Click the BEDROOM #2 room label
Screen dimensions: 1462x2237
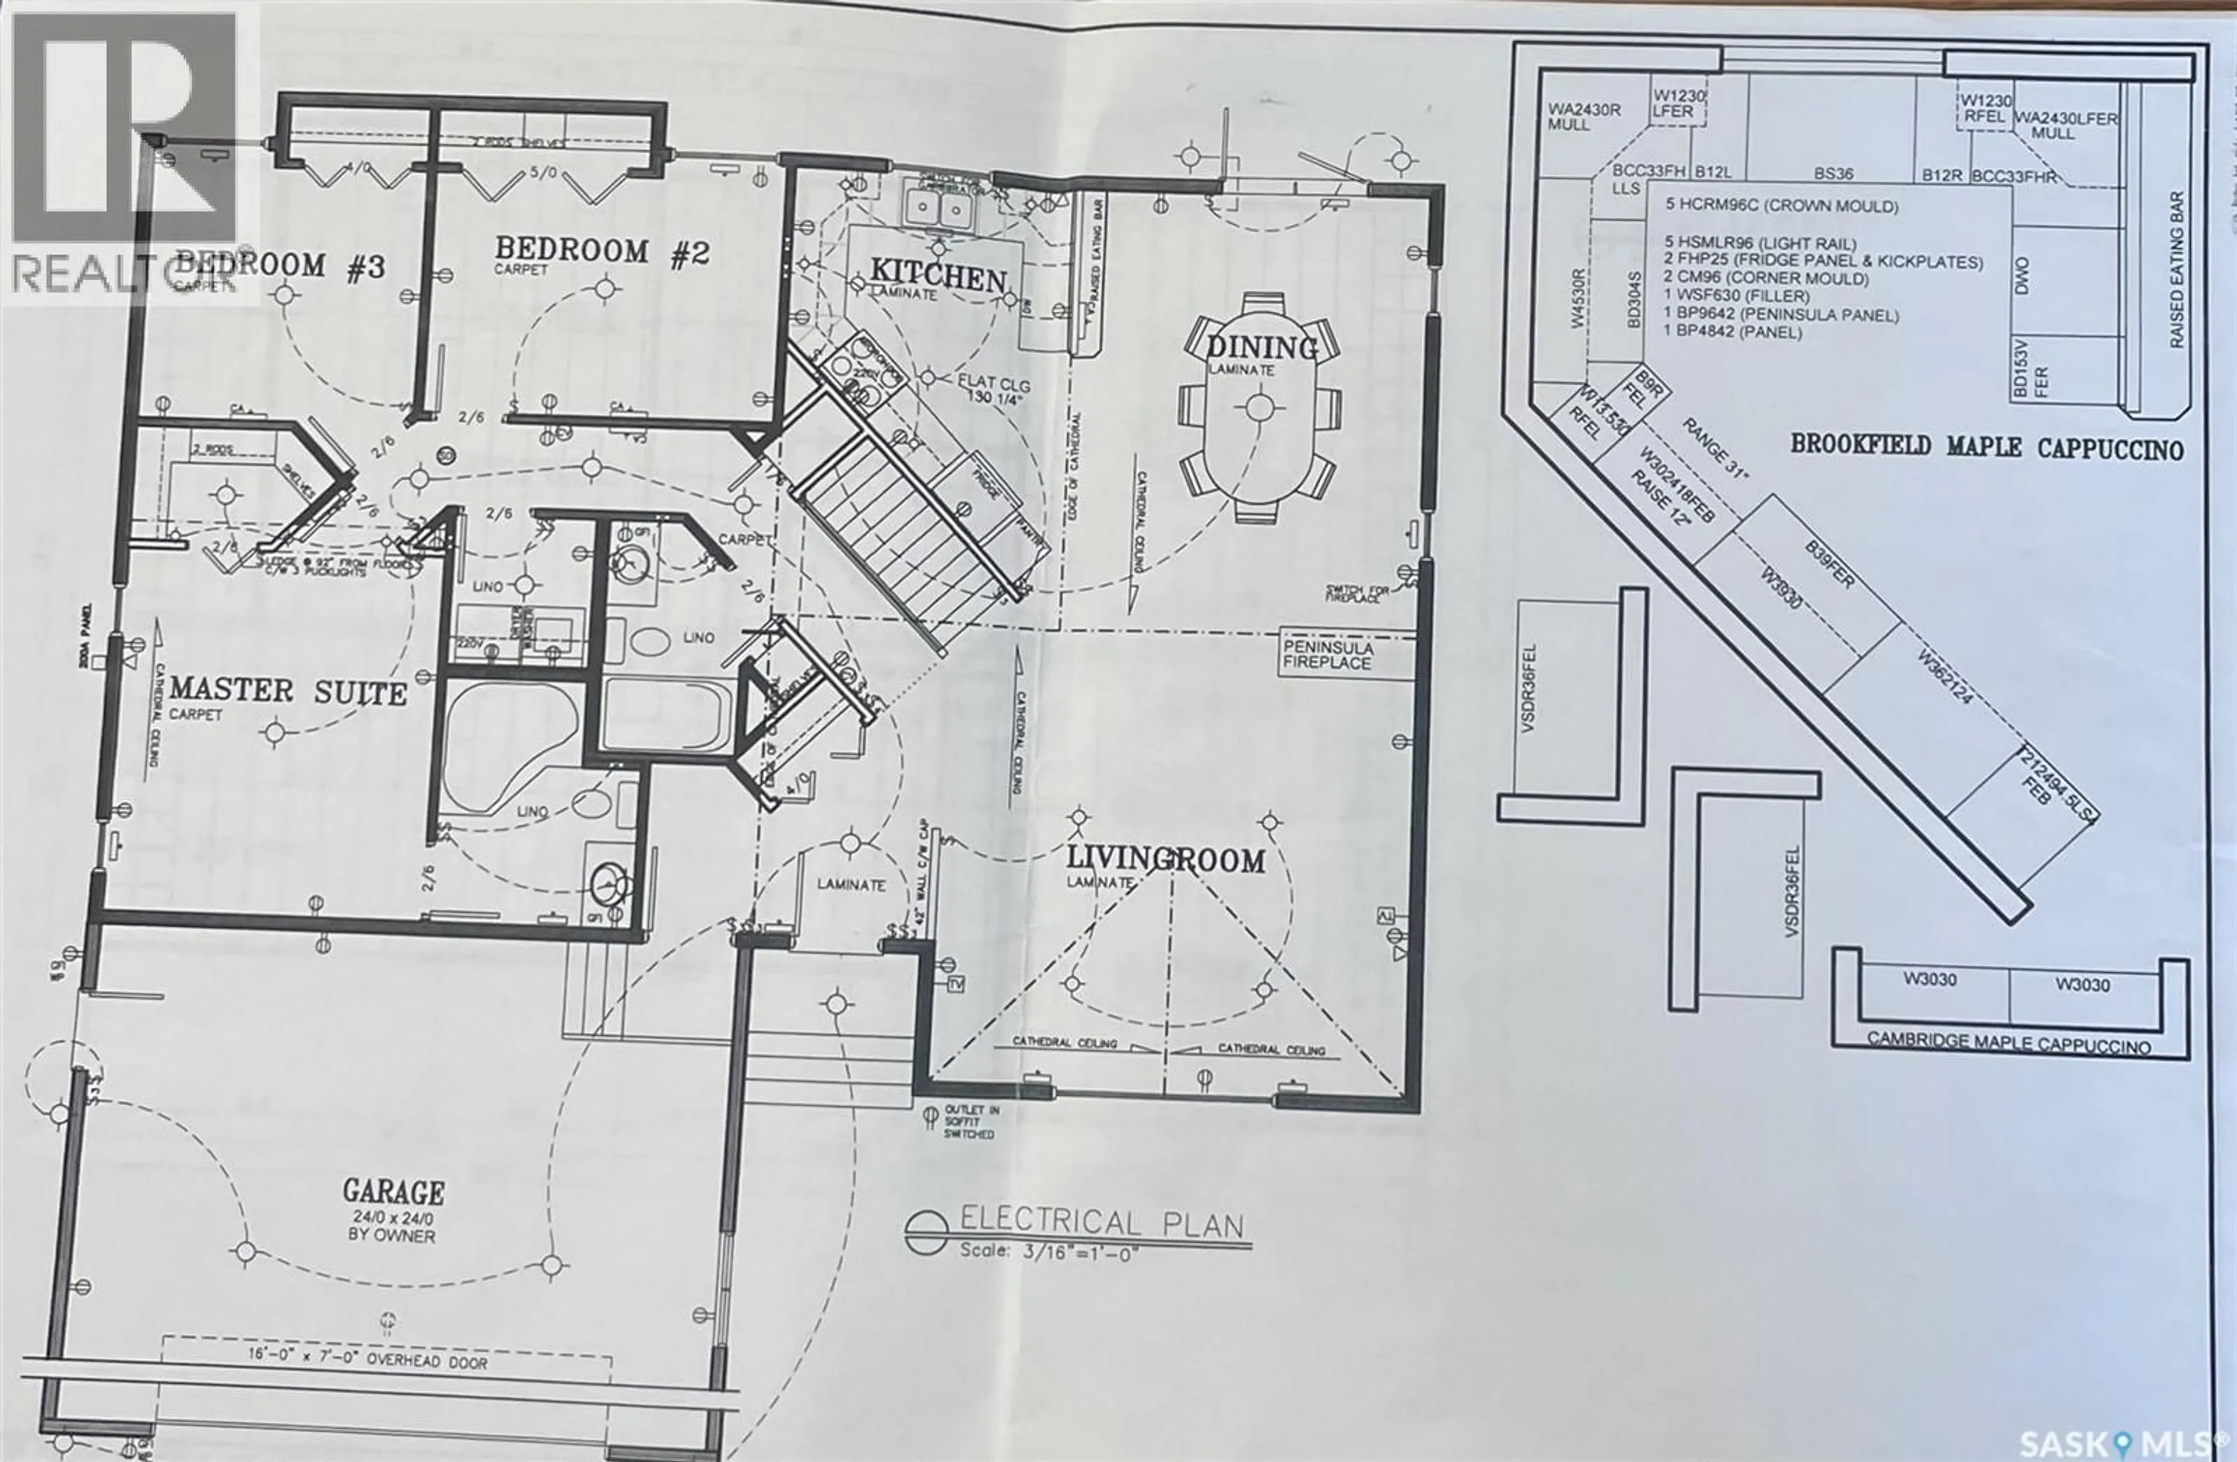(x=602, y=252)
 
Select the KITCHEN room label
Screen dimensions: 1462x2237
(x=937, y=276)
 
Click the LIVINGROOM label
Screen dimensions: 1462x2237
(x=1166, y=860)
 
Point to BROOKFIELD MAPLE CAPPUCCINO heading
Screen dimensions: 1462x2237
(x=1986, y=447)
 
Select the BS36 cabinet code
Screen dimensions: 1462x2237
(x=1833, y=174)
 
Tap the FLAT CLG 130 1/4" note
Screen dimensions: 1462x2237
(x=993, y=392)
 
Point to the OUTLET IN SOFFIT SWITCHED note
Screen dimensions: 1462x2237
(x=971, y=1121)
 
